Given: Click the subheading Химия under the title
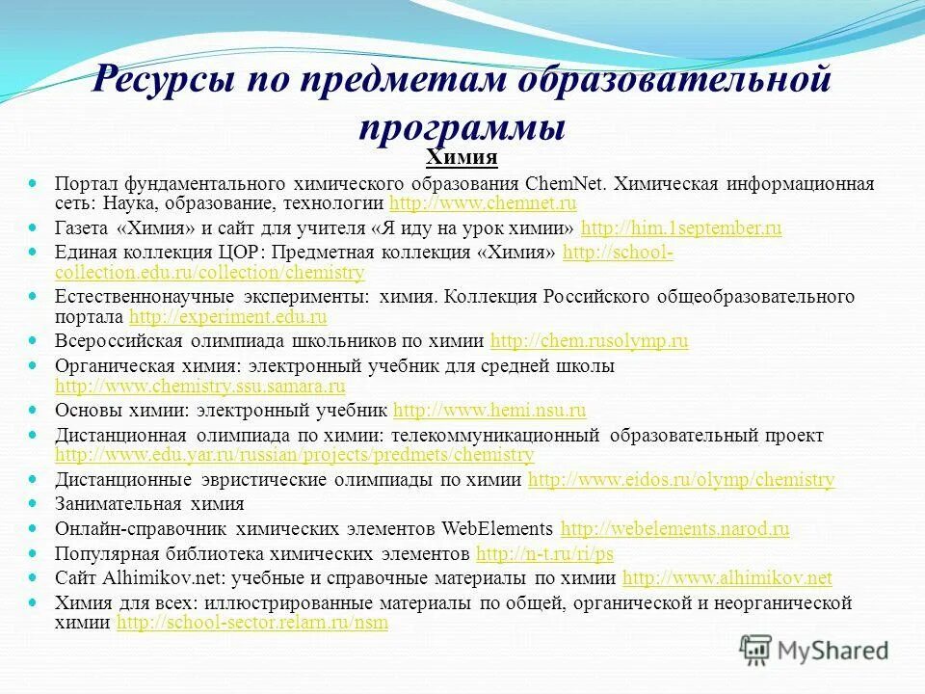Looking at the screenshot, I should tap(462, 157).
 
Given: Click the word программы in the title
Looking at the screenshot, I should tap(462, 125).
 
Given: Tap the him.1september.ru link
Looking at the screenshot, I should tap(681, 228).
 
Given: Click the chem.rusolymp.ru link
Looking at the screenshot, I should tap(590, 341).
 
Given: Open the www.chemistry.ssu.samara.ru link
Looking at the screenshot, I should tap(200, 387).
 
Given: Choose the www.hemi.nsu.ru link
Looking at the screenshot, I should tap(489, 411).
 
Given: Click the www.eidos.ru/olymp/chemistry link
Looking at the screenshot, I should tap(681, 479).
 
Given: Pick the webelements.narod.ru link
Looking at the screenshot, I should tap(674, 528).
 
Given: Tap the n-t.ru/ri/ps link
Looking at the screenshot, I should tap(544, 553).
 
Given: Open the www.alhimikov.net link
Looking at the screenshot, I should tap(727, 578).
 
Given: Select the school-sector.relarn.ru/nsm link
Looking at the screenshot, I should tap(251, 623).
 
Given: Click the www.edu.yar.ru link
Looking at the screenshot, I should tap(294, 454).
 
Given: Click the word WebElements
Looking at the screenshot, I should tap(497, 528).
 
